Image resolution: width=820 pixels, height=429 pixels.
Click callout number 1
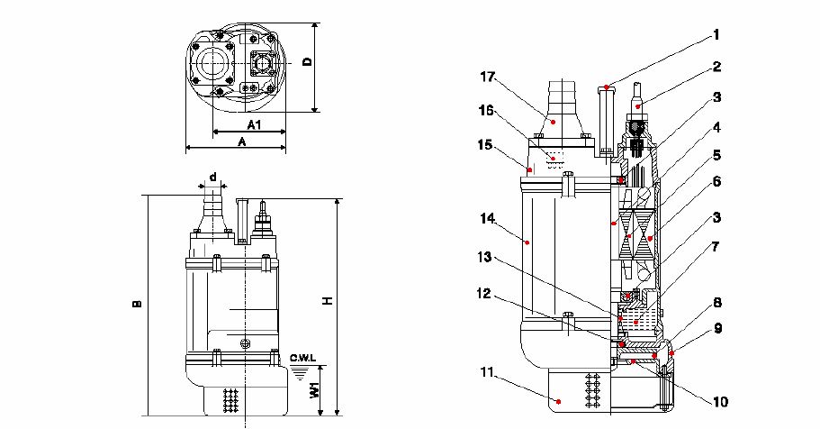tap(716, 36)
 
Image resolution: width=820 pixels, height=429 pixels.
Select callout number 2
tap(716, 66)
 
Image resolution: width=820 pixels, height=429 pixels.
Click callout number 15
tap(485, 143)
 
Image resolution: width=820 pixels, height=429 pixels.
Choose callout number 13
tap(485, 258)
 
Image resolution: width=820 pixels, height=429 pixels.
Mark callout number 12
tap(485, 293)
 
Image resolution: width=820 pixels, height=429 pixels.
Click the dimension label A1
tap(253, 123)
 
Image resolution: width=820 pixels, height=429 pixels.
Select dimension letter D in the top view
tap(307, 63)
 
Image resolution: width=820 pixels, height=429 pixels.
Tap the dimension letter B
tap(137, 305)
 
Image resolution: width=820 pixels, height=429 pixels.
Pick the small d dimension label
tap(212, 176)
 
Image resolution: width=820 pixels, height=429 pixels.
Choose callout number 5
tap(716, 154)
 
